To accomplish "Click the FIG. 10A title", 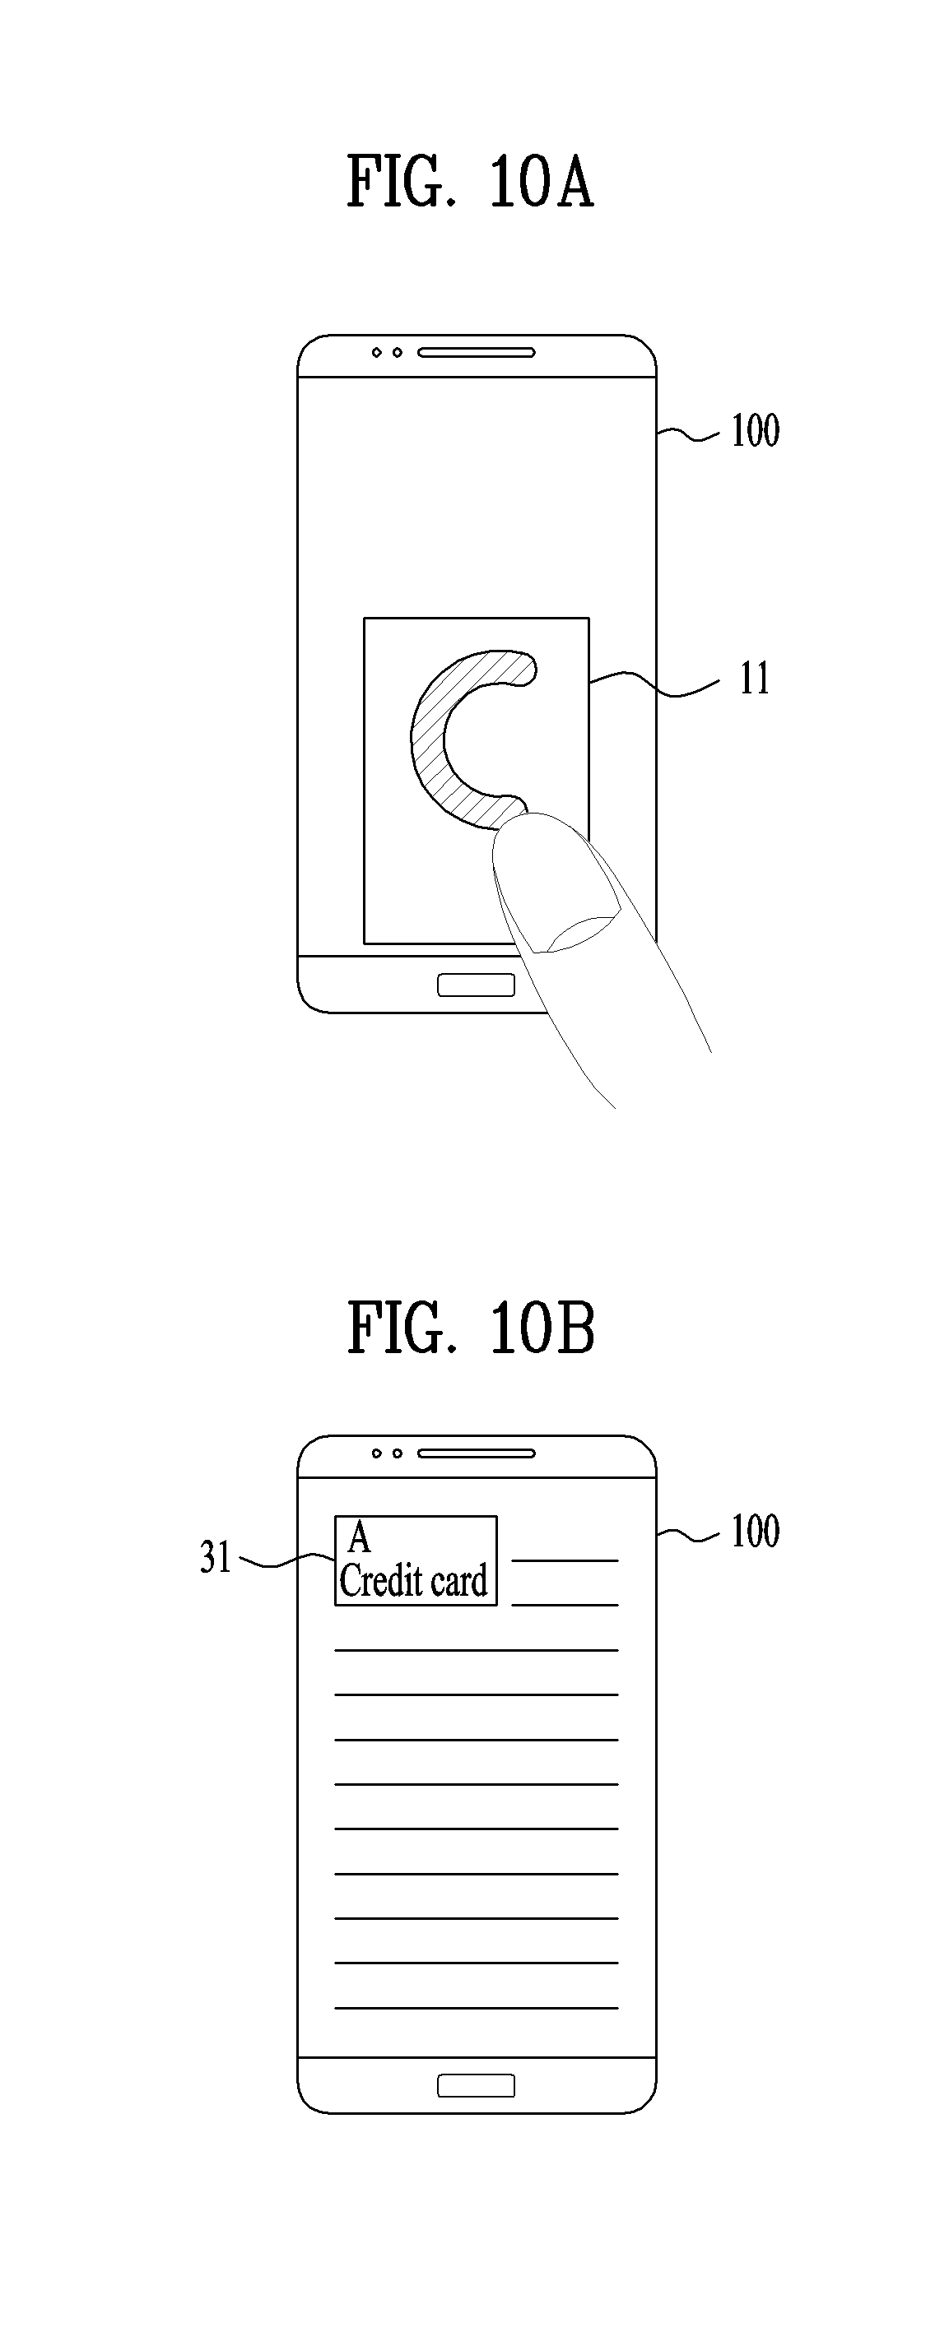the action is coord(470,183).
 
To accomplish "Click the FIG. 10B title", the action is coord(471,1328).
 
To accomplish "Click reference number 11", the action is coord(754,679).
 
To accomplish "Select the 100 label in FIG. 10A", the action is coord(755,431).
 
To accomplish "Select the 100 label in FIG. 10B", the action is coord(755,1532).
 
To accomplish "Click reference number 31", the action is coord(216,1558).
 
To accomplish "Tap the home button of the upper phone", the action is coord(476,985).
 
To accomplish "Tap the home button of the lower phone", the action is coord(476,2086).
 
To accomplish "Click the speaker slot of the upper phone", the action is coord(476,353).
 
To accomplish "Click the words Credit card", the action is coord(414,1582).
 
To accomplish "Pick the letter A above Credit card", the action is coord(359,1538).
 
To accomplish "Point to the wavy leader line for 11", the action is coord(654,684).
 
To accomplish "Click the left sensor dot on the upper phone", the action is coord(376,353).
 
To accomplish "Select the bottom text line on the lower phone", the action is coord(476,2008).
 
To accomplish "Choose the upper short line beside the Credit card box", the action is coord(565,1560).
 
